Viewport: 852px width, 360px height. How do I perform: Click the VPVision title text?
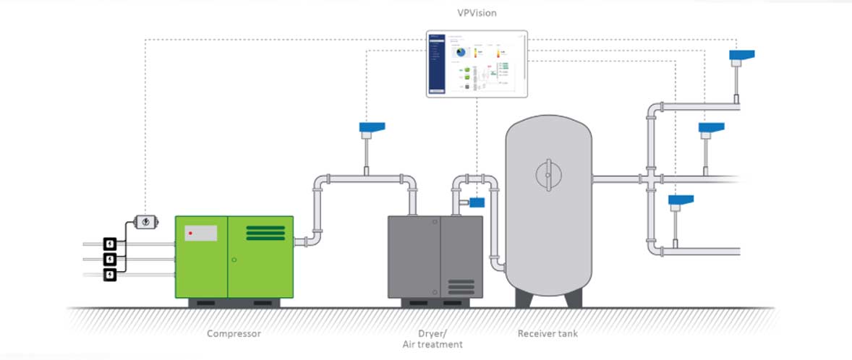(x=477, y=13)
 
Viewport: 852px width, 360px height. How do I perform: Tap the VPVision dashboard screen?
(x=477, y=64)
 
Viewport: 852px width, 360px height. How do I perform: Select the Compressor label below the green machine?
(x=234, y=333)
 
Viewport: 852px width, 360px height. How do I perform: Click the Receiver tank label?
(x=548, y=333)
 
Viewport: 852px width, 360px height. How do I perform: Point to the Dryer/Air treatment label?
(x=432, y=339)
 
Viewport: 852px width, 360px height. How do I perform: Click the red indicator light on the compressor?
(x=189, y=233)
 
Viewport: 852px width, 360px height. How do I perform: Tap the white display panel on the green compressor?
(x=201, y=233)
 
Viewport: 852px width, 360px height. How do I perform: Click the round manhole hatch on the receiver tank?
(x=548, y=176)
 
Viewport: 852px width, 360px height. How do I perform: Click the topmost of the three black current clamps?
(x=109, y=244)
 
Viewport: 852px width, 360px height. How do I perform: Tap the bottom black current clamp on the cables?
(x=109, y=275)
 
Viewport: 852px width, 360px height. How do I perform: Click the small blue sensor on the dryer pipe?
(x=477, y=202)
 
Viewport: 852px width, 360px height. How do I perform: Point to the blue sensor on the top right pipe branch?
(x=742, y=55)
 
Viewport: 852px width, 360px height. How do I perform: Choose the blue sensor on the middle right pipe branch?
(x=712, y=128)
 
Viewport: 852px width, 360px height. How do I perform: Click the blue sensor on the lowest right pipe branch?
(x=681, y=200)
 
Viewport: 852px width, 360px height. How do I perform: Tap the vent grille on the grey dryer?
(x=460, y=285)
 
